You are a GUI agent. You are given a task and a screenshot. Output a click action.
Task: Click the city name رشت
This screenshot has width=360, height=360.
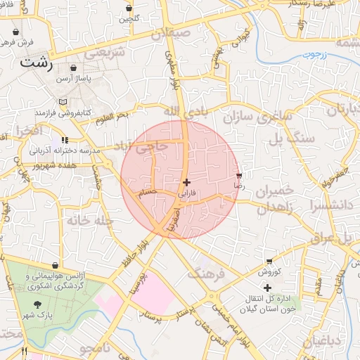[37, 61]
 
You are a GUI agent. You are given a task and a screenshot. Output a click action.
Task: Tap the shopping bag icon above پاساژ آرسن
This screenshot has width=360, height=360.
[74, 68]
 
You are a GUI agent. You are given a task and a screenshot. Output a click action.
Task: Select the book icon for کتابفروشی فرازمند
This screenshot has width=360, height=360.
[63, 102]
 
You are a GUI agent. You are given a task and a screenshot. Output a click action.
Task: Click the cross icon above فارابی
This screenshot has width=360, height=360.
[186, 182]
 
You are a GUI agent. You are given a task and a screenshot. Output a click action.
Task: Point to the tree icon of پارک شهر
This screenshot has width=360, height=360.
[37, 304]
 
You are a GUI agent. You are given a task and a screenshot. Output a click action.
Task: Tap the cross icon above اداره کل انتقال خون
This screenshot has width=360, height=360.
[267, 288]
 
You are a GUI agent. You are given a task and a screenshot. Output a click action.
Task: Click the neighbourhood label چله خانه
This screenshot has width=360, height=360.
[90, 221]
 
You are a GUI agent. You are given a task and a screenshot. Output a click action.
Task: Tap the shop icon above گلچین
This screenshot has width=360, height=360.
[129, 8]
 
